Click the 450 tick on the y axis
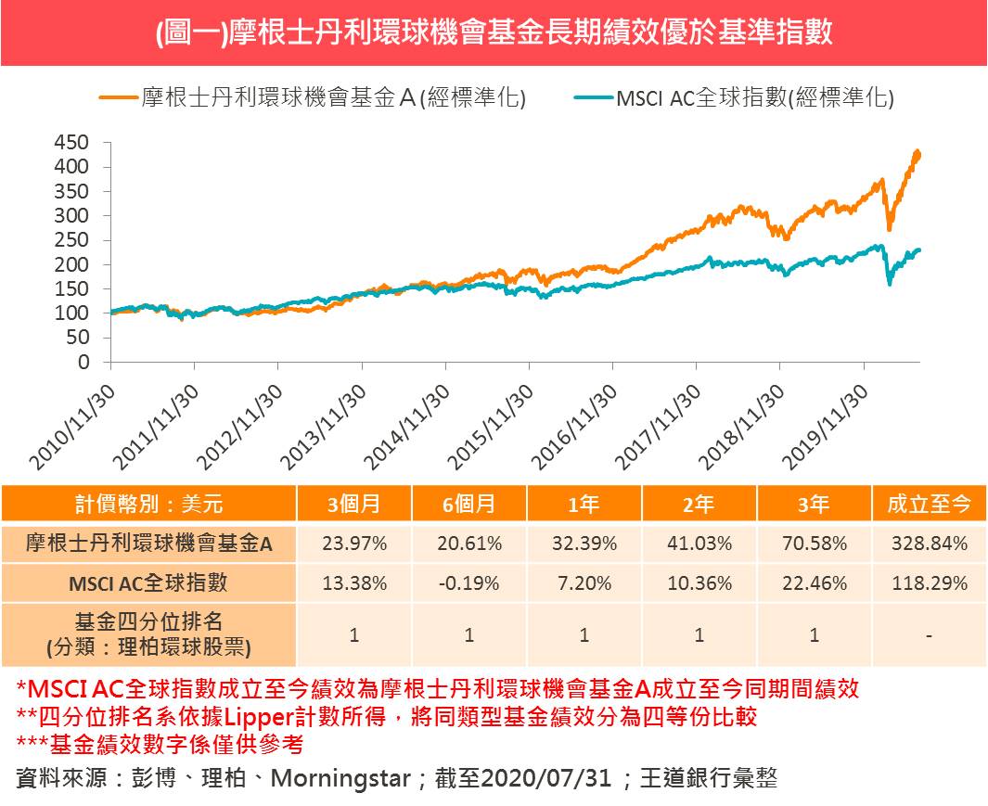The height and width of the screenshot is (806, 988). (x=71, y=143)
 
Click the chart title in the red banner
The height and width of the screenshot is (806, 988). (x=494, y=33)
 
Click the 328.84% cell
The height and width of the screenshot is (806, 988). (x=929, y=544)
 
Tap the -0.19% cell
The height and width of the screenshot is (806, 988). (x=468, y=583)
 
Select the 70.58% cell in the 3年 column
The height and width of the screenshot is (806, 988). (x=814, y=544)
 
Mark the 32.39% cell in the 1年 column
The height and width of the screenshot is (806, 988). (x=584, y=544)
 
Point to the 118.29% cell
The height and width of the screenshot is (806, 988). (x=929, y=583)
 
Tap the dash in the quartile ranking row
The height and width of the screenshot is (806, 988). (x=929, y=635)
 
